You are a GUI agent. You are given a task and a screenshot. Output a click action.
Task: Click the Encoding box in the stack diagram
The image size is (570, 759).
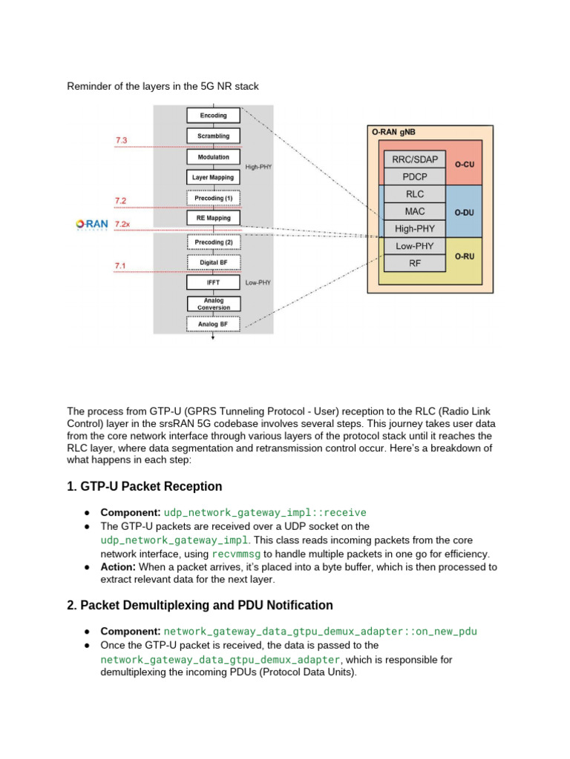[x=213, y=116]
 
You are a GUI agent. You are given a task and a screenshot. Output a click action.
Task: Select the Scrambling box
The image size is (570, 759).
[x=213, y=136]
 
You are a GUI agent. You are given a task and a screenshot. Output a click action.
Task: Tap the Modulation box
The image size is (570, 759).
[x=213, y=157]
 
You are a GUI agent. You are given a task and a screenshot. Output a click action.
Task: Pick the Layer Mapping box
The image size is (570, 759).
[x=213, y=178]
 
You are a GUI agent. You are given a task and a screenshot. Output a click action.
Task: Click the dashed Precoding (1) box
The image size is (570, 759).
[x=213, y=199]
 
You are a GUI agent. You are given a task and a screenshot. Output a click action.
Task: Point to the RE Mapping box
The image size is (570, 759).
[x=213, y=219]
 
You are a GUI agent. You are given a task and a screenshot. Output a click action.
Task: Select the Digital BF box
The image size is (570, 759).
[x=213, y=262]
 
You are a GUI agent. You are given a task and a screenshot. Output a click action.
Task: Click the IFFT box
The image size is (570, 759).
[x=213, y=283]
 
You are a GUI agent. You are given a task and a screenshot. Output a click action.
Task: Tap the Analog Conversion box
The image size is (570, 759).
[x=213, y=304]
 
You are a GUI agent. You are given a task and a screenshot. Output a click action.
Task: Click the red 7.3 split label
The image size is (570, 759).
[x=121, y=140]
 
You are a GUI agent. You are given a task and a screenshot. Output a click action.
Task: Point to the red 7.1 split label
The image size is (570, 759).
[x=120, y=265]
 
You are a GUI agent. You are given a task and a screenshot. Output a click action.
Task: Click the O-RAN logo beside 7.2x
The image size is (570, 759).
[x=92, y=224]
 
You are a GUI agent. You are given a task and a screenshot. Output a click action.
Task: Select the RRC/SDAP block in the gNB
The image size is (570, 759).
[x=414, y=159]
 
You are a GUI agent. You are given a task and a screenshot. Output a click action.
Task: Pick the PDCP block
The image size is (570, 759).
[x=414, y=177]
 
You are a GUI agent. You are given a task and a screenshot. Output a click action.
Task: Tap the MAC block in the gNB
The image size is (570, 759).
[x=414, y=212]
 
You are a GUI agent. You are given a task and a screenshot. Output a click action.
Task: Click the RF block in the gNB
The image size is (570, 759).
[x=414, y=262]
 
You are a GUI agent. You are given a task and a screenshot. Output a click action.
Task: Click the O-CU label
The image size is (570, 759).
[x=465, y=164]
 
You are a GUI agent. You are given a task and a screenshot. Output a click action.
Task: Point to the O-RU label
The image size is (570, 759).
[x=465, y=256]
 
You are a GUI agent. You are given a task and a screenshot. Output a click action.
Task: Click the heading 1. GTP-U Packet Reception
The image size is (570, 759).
[x=144, y=487]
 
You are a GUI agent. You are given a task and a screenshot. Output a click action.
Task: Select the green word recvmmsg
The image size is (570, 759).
[x=236, y=554]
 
